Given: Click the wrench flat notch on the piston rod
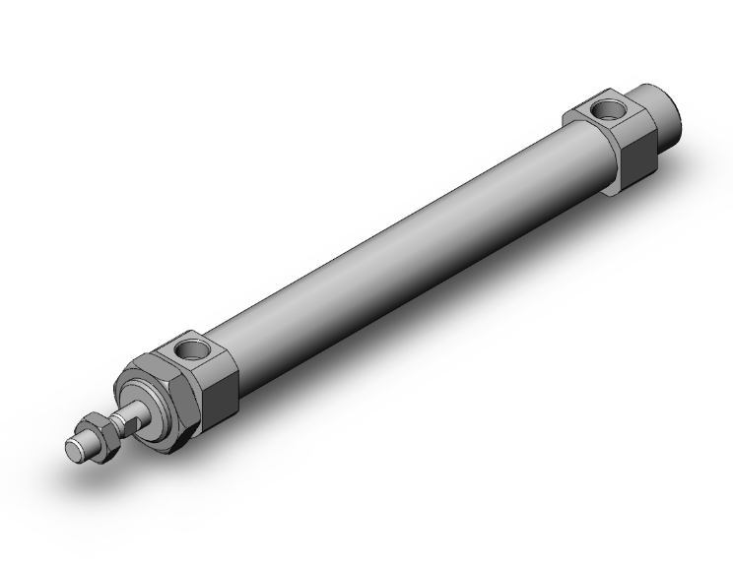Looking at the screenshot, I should click(123, 420).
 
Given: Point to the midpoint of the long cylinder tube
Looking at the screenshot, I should click(404, 246).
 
